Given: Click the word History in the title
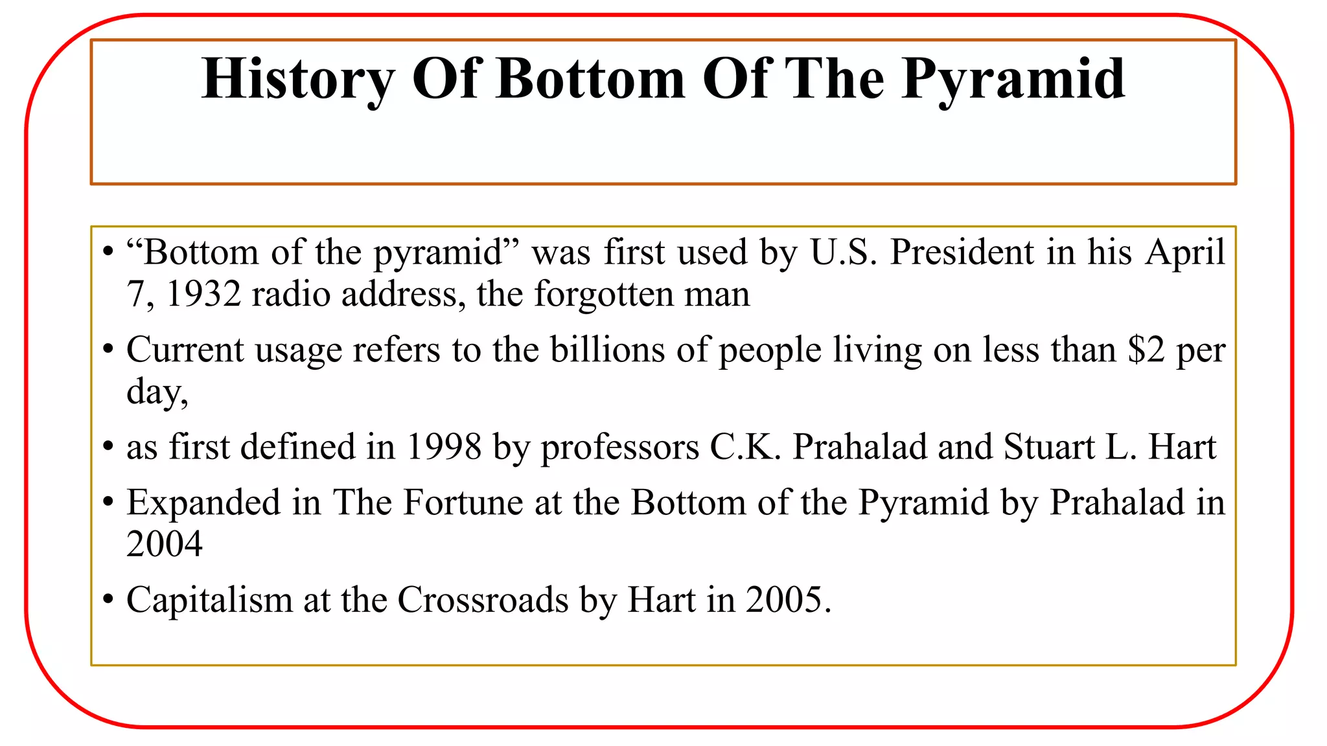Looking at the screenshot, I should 297,80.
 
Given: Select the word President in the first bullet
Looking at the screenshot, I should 962,252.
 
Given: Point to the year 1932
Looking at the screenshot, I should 203,294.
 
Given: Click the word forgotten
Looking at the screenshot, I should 603,294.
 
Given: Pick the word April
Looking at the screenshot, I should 1185,252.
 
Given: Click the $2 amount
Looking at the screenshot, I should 1146,350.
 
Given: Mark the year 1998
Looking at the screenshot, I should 444,447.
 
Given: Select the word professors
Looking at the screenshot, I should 620,448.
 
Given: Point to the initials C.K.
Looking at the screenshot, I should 746,447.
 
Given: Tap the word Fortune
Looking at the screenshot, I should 463,503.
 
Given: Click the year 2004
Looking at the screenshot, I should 165,544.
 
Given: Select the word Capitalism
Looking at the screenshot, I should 209,600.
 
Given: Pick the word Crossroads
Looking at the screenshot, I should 483,600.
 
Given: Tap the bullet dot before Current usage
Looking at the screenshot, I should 108,351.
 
